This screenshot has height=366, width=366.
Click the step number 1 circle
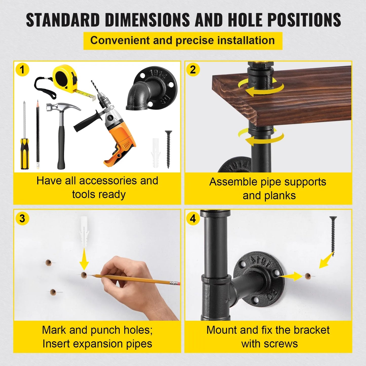pyautogui.click(x=22, y=69)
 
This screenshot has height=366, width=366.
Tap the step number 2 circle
pyautogui.click(x=193, y=69)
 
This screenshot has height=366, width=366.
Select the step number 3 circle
pyautogui.click(x=22, y=218)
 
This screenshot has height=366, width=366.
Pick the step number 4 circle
pyautogui.click(x=193, y=218)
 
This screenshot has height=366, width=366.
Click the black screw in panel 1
pyautogui.click(x=168, y=149)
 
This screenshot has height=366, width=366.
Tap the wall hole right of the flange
pyautogui.click(x=308, y=276)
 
